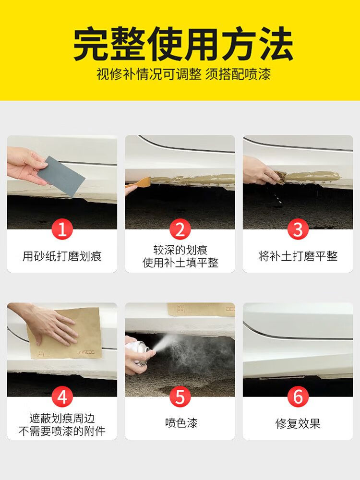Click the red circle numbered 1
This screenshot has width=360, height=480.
[62, 229]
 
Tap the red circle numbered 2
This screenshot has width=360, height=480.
[180, 229]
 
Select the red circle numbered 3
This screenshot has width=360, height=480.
[298, 229]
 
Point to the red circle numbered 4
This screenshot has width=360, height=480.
[62, 397]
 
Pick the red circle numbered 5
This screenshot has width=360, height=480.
[180, 397]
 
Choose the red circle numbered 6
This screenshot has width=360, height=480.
[298, 397]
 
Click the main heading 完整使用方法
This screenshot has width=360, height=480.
[183, 44]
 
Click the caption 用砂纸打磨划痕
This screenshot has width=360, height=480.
[62, 256]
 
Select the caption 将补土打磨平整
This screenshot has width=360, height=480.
[298, 256]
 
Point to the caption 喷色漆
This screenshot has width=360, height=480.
[181, 423]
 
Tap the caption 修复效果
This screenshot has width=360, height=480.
[298, 424]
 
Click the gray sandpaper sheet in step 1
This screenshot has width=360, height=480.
[61, 176]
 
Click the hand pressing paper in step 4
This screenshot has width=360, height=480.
[46, 323]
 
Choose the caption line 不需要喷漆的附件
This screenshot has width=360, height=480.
[62, 431]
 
